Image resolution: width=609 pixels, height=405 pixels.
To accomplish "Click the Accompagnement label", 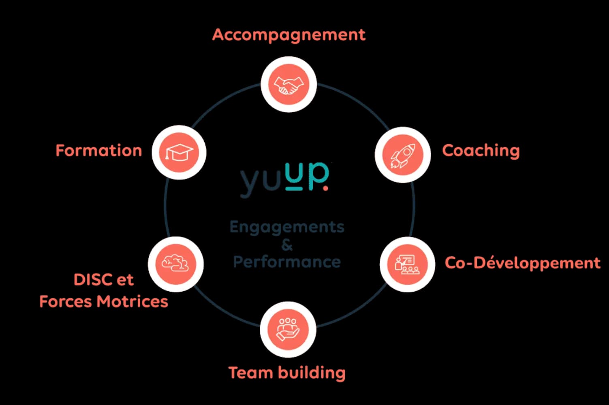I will (x=288, y=35).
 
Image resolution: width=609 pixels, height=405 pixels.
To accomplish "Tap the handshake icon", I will (x=288, y=85).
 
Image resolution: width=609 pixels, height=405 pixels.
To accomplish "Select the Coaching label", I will (x=481, y=151).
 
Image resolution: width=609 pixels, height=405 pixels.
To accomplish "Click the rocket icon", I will (x=403, y=155).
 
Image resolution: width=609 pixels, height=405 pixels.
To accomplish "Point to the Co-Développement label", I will (x=522, y=263).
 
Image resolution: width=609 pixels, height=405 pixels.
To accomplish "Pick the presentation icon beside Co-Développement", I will (x=407, y=264).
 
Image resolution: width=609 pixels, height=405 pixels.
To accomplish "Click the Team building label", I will (x=287, y=373).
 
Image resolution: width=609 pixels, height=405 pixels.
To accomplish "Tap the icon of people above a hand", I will (x=288, y=329).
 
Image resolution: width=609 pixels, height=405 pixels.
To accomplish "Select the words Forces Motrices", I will (x=104, y=302).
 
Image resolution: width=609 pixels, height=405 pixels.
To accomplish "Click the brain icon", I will (x=175, y=264).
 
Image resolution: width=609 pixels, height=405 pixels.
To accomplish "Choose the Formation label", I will (x=99, y=151).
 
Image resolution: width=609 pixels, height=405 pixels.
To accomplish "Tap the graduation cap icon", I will (x=179, y=153).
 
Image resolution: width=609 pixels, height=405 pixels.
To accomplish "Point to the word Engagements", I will (x=287, y=227).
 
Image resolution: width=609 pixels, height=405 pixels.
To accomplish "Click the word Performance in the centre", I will (x=287, y=262).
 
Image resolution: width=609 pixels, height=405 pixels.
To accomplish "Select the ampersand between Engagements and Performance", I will (x=287, y=245).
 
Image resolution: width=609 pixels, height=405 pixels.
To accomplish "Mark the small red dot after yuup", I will (x=325, y=188).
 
